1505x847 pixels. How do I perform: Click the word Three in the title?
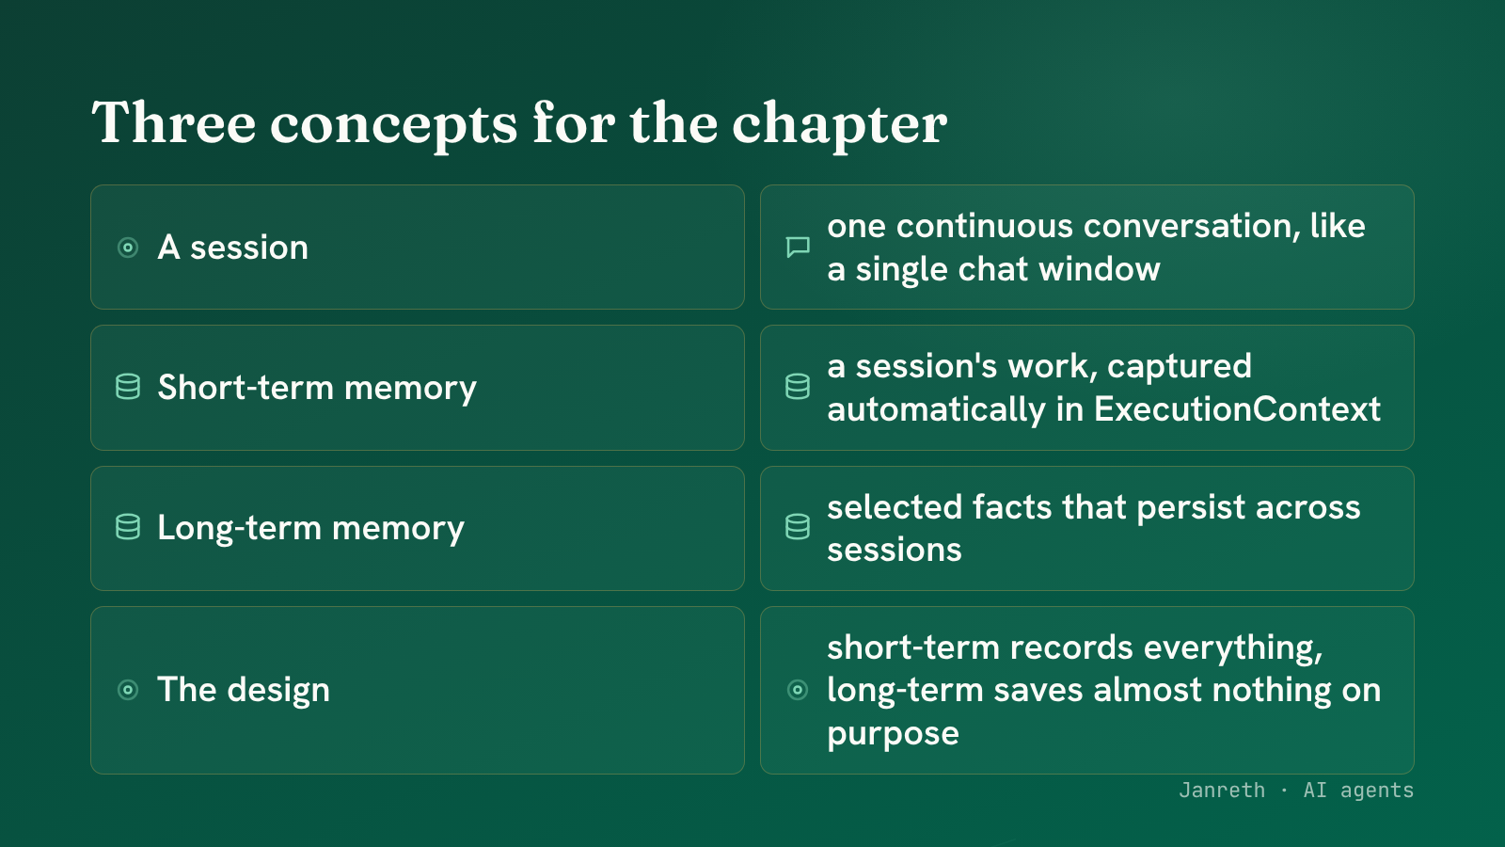173,122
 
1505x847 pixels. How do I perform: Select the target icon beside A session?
128,248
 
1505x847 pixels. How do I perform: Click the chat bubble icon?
798,248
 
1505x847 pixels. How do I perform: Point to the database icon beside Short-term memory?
128,387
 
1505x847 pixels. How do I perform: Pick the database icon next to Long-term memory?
128,528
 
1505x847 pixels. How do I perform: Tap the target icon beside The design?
128,690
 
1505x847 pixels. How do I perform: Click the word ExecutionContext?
1237,408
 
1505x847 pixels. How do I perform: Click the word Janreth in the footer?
1222,790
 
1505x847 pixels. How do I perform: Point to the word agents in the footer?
1377,791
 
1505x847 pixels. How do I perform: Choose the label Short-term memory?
317,388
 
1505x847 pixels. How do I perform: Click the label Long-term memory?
311,528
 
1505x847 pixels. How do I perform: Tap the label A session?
233,248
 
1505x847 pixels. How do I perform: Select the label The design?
244,690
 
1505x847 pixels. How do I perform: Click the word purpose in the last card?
893,734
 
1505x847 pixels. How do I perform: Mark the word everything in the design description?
1233,648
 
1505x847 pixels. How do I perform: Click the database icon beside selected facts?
798,528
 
